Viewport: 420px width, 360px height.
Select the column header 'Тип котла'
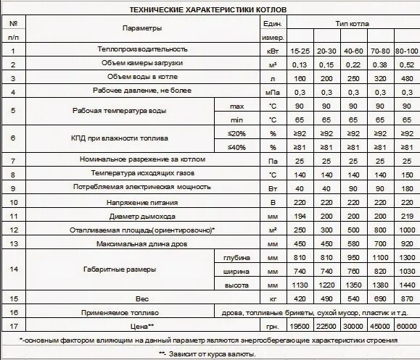point(352,23)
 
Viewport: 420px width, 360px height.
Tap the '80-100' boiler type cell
point(406,51)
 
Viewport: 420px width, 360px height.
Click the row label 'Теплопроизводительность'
point(142,49)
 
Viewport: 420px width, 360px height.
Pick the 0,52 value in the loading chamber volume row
point(406,64)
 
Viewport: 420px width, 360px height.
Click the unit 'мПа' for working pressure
point(273,92)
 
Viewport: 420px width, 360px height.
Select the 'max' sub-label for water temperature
point(237,106)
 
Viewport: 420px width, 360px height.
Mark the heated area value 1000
point(406,230)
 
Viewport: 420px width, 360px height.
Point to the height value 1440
point(406,285)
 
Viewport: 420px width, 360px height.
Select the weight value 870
point(406,298)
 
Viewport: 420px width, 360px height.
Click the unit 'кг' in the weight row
point(273,298)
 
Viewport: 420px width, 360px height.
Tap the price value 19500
point(300,326)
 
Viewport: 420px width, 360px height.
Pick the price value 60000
point(406,326)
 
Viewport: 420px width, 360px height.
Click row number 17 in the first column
point(14,326)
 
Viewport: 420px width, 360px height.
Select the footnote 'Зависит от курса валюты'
point(210,353)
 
